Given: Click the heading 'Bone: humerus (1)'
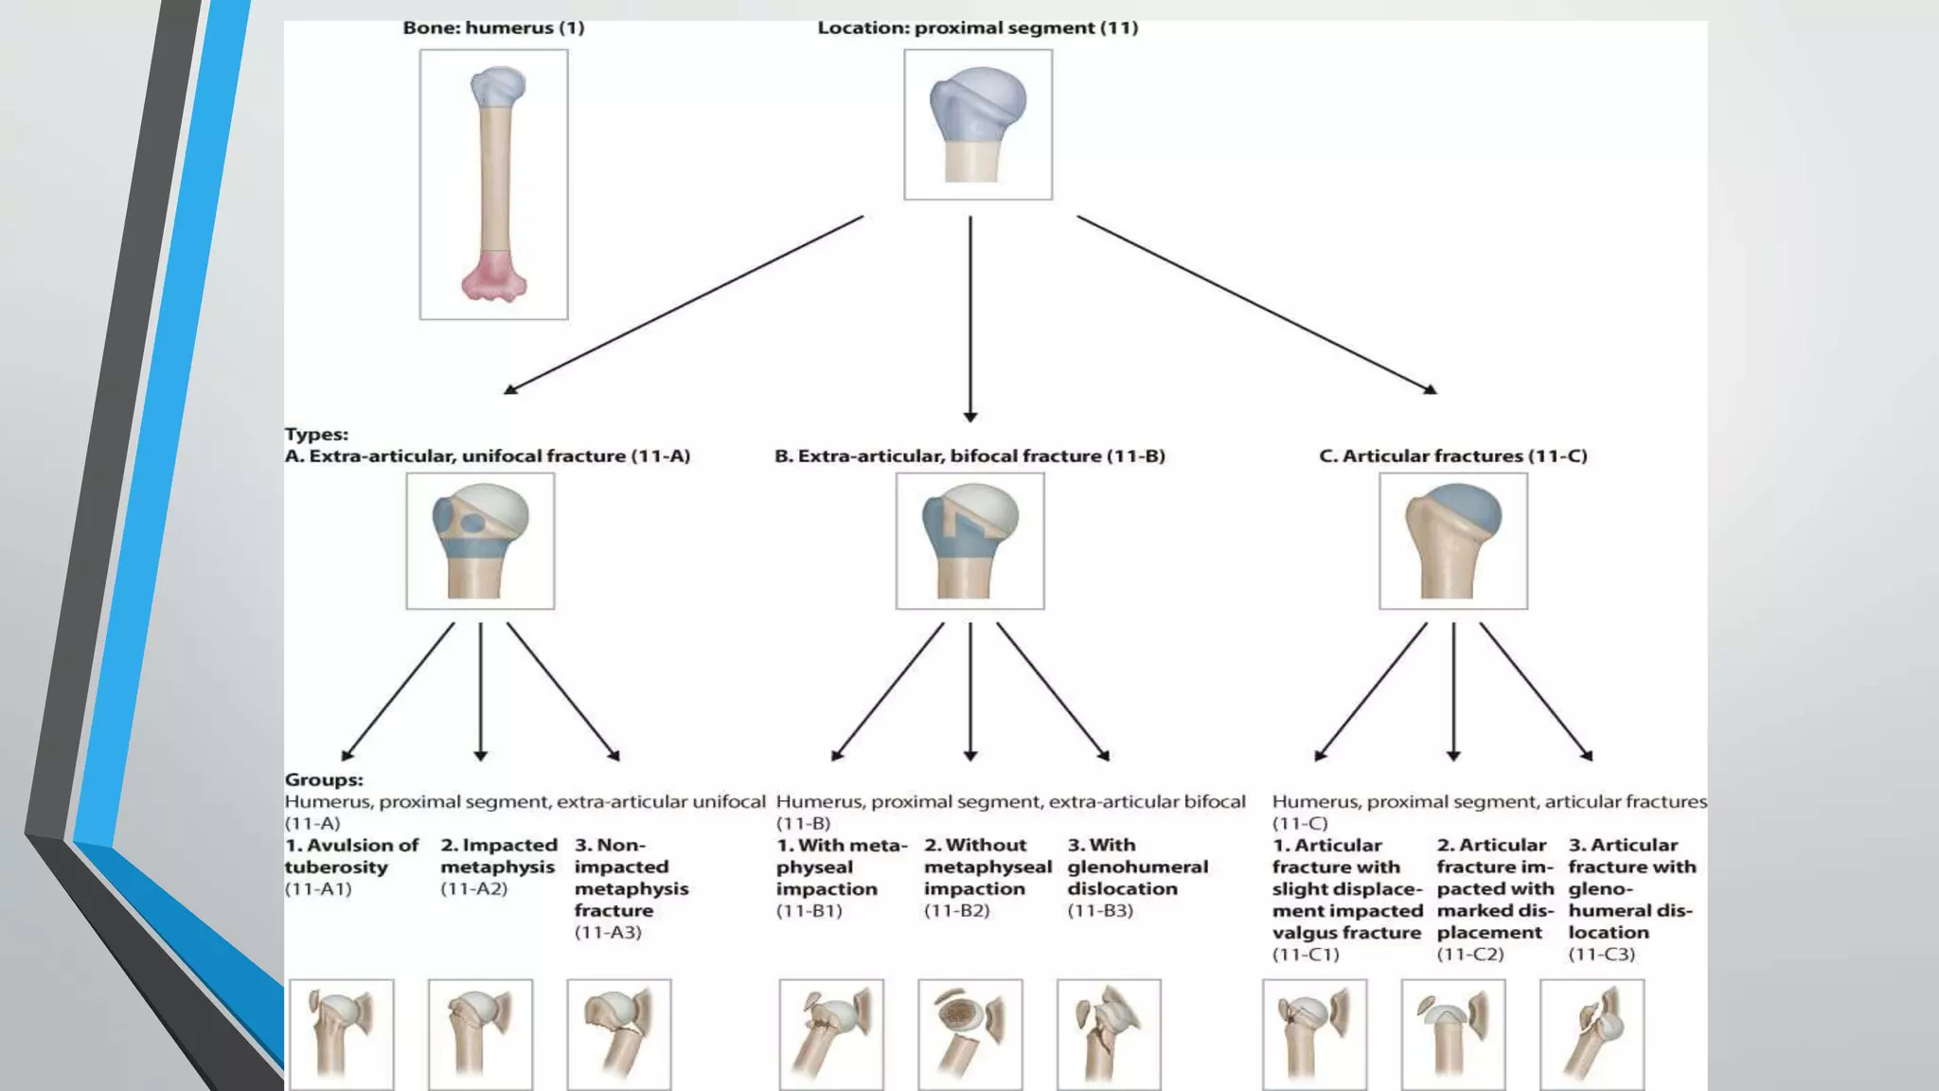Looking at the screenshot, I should coord(493,28).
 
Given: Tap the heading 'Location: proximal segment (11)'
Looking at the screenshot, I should coord(977,28).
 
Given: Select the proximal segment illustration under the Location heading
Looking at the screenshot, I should coord(977,124).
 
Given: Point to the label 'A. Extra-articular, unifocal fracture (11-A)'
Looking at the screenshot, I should coord(488,456).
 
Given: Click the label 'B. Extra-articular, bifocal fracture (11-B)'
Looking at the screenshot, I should coord(969,456).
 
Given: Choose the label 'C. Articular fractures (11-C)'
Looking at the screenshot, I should coord(1452,456).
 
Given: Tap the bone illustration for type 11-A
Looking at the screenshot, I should coord(480,541).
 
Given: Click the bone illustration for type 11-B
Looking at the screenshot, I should coord(969,541).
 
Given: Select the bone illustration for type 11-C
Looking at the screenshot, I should coord(1452,541).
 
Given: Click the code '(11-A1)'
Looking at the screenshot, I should coord(318,889).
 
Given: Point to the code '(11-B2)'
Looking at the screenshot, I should coord(956,911).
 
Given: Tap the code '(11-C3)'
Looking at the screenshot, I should coord(1601,955).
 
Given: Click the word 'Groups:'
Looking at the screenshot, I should coord(324,780).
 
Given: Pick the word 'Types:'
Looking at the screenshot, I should coord(316,435).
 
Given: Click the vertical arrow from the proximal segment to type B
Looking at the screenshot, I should coord(969,318).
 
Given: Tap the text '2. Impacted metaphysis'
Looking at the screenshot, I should coord(498,856).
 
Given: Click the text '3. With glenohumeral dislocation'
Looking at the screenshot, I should coord(1137,867).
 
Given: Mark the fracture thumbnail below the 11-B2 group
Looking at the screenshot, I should coord(969,1034).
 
